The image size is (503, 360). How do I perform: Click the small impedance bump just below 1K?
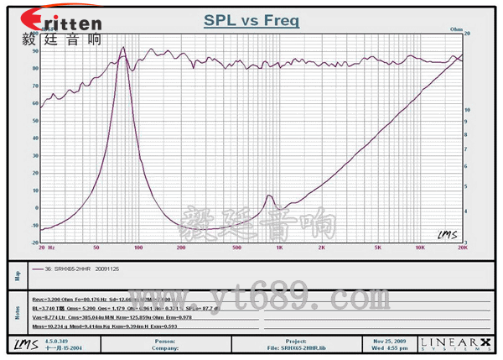click(270, 197)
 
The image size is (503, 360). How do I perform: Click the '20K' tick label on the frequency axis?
click(460, 248)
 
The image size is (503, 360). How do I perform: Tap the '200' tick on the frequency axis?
click(181, 248)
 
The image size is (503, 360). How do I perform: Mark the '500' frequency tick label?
click(237, 248)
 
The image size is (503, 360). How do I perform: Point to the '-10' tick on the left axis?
click(35, 226)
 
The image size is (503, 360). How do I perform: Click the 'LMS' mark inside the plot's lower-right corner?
click(447, 235)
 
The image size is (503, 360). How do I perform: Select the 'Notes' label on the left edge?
click(16, 311)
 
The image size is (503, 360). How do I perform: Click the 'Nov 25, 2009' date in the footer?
click(389, 341)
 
